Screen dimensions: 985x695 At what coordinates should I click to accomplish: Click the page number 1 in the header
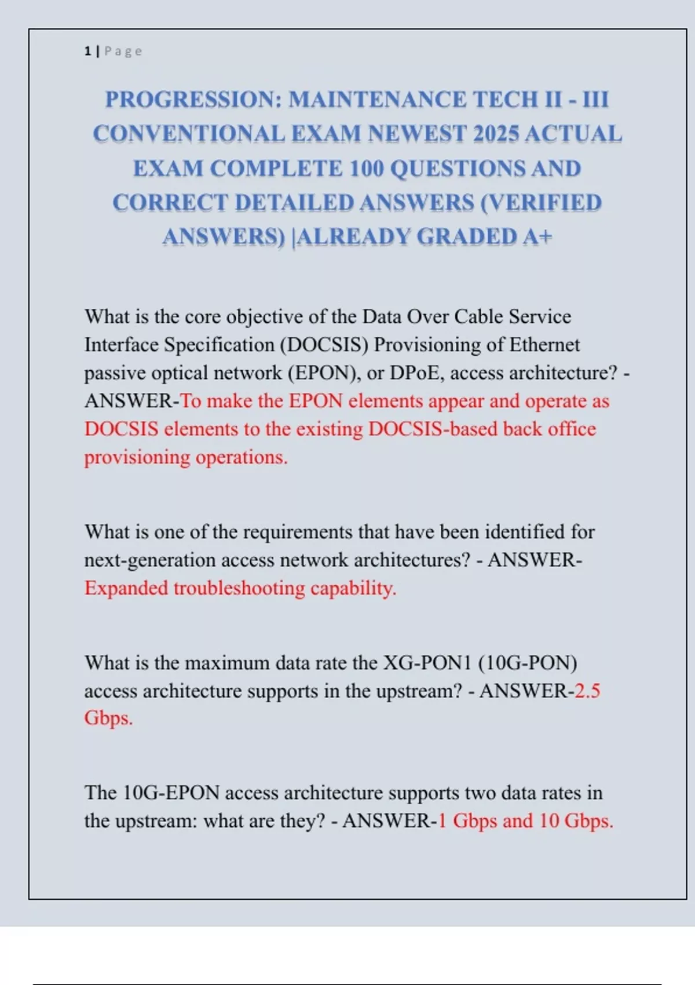pyautogui.click(x=87, y=52)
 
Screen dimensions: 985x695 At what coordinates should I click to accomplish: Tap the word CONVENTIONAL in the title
pyautogui.click(x=188, y=134)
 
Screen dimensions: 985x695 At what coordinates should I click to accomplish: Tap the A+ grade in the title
pyautogui.click(x=537, y=237)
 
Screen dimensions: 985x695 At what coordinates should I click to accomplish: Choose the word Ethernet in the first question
pyautogui.click(x=544, y=345)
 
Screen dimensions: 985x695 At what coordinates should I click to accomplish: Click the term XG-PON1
pyautogui.click(x=427, y=663)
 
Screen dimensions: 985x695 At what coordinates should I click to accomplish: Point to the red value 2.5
pyautogui.click(x=587, y=691)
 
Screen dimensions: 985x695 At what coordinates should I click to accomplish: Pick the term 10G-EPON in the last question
pyautogui.click(x=171, y=793)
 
